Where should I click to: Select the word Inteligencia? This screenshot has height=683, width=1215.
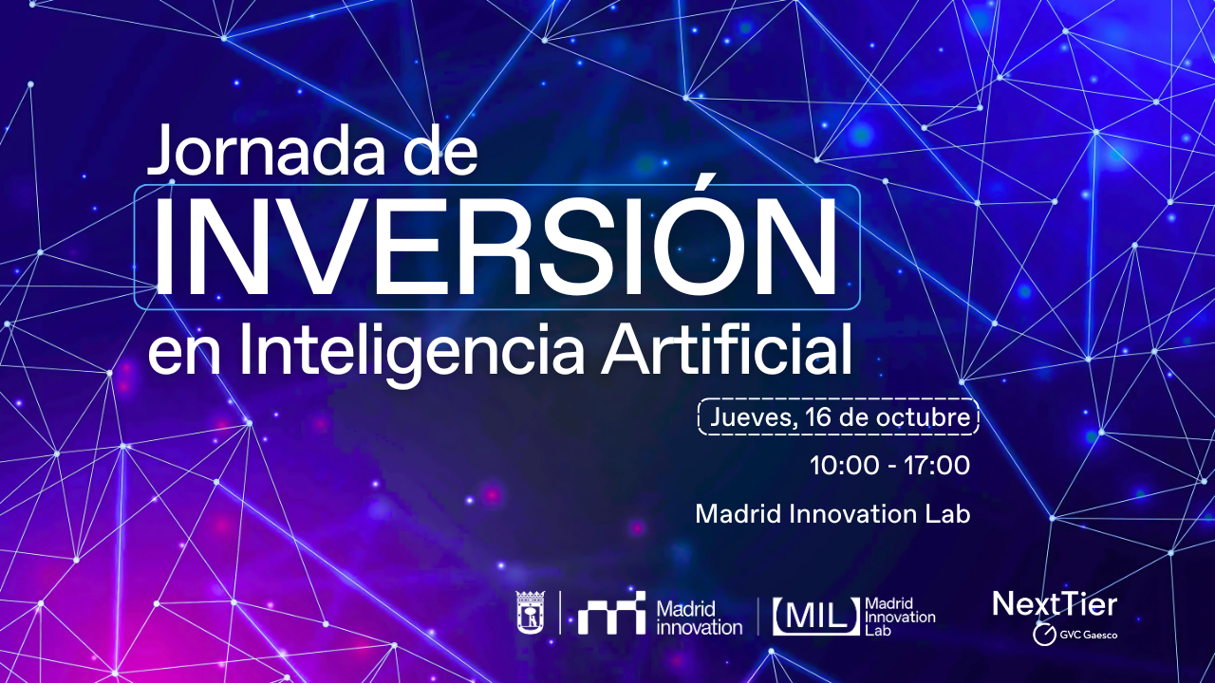[417, 351]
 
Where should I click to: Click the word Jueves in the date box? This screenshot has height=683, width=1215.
[752, 417]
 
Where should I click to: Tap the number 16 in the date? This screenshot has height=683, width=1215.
[815, 417]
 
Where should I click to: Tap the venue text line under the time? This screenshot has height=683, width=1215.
[832, 514]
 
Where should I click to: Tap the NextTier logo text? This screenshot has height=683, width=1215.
[1055, 604]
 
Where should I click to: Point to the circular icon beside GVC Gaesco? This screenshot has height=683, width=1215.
[1042, 634]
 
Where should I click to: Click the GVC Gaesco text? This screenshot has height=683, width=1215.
[1088, 634]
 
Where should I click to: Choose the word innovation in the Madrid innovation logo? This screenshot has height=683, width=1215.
[699, 627]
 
